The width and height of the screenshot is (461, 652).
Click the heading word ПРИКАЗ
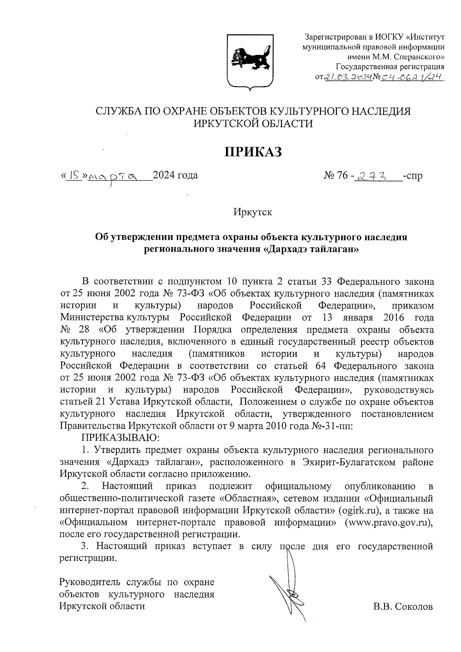(253, 152)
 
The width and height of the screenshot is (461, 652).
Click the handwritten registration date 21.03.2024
(348, 78)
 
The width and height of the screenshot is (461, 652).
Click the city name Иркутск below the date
(252, 212)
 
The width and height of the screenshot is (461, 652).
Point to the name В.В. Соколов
(402, 607)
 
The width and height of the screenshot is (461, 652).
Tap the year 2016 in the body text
(393, 318)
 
